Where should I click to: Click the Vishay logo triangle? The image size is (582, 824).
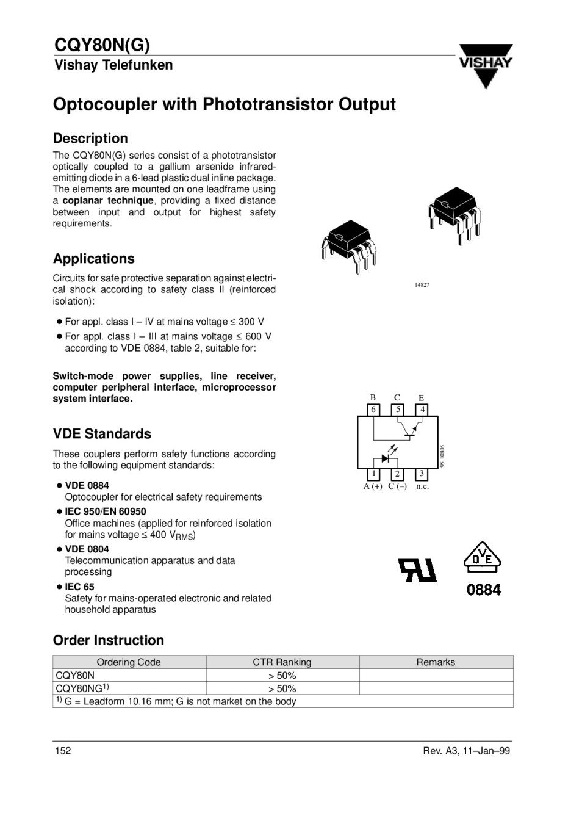[486, 66]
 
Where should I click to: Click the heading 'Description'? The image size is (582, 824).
[90, 139]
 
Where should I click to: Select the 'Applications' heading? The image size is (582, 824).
[93, 259]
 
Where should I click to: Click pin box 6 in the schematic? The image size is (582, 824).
[373, 410]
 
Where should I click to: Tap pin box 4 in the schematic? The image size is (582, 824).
[422, 410]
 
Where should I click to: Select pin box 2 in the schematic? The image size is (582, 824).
[397, 474]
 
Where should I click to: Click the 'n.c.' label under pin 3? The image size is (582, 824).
[422, 486]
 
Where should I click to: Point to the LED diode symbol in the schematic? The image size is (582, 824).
[386, 458]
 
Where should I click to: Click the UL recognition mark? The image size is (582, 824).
[418, 569]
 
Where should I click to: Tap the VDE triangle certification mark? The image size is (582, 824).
[483, 557]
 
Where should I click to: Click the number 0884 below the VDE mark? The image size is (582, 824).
[484, 590]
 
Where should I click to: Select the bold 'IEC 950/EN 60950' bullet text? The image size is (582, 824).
[106, 511]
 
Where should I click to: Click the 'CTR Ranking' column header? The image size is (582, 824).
[282, 662]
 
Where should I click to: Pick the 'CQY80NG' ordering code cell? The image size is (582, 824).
[82, 688]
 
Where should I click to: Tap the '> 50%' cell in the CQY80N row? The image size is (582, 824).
[282, 676]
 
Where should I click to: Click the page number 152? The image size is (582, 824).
[62, 751]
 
